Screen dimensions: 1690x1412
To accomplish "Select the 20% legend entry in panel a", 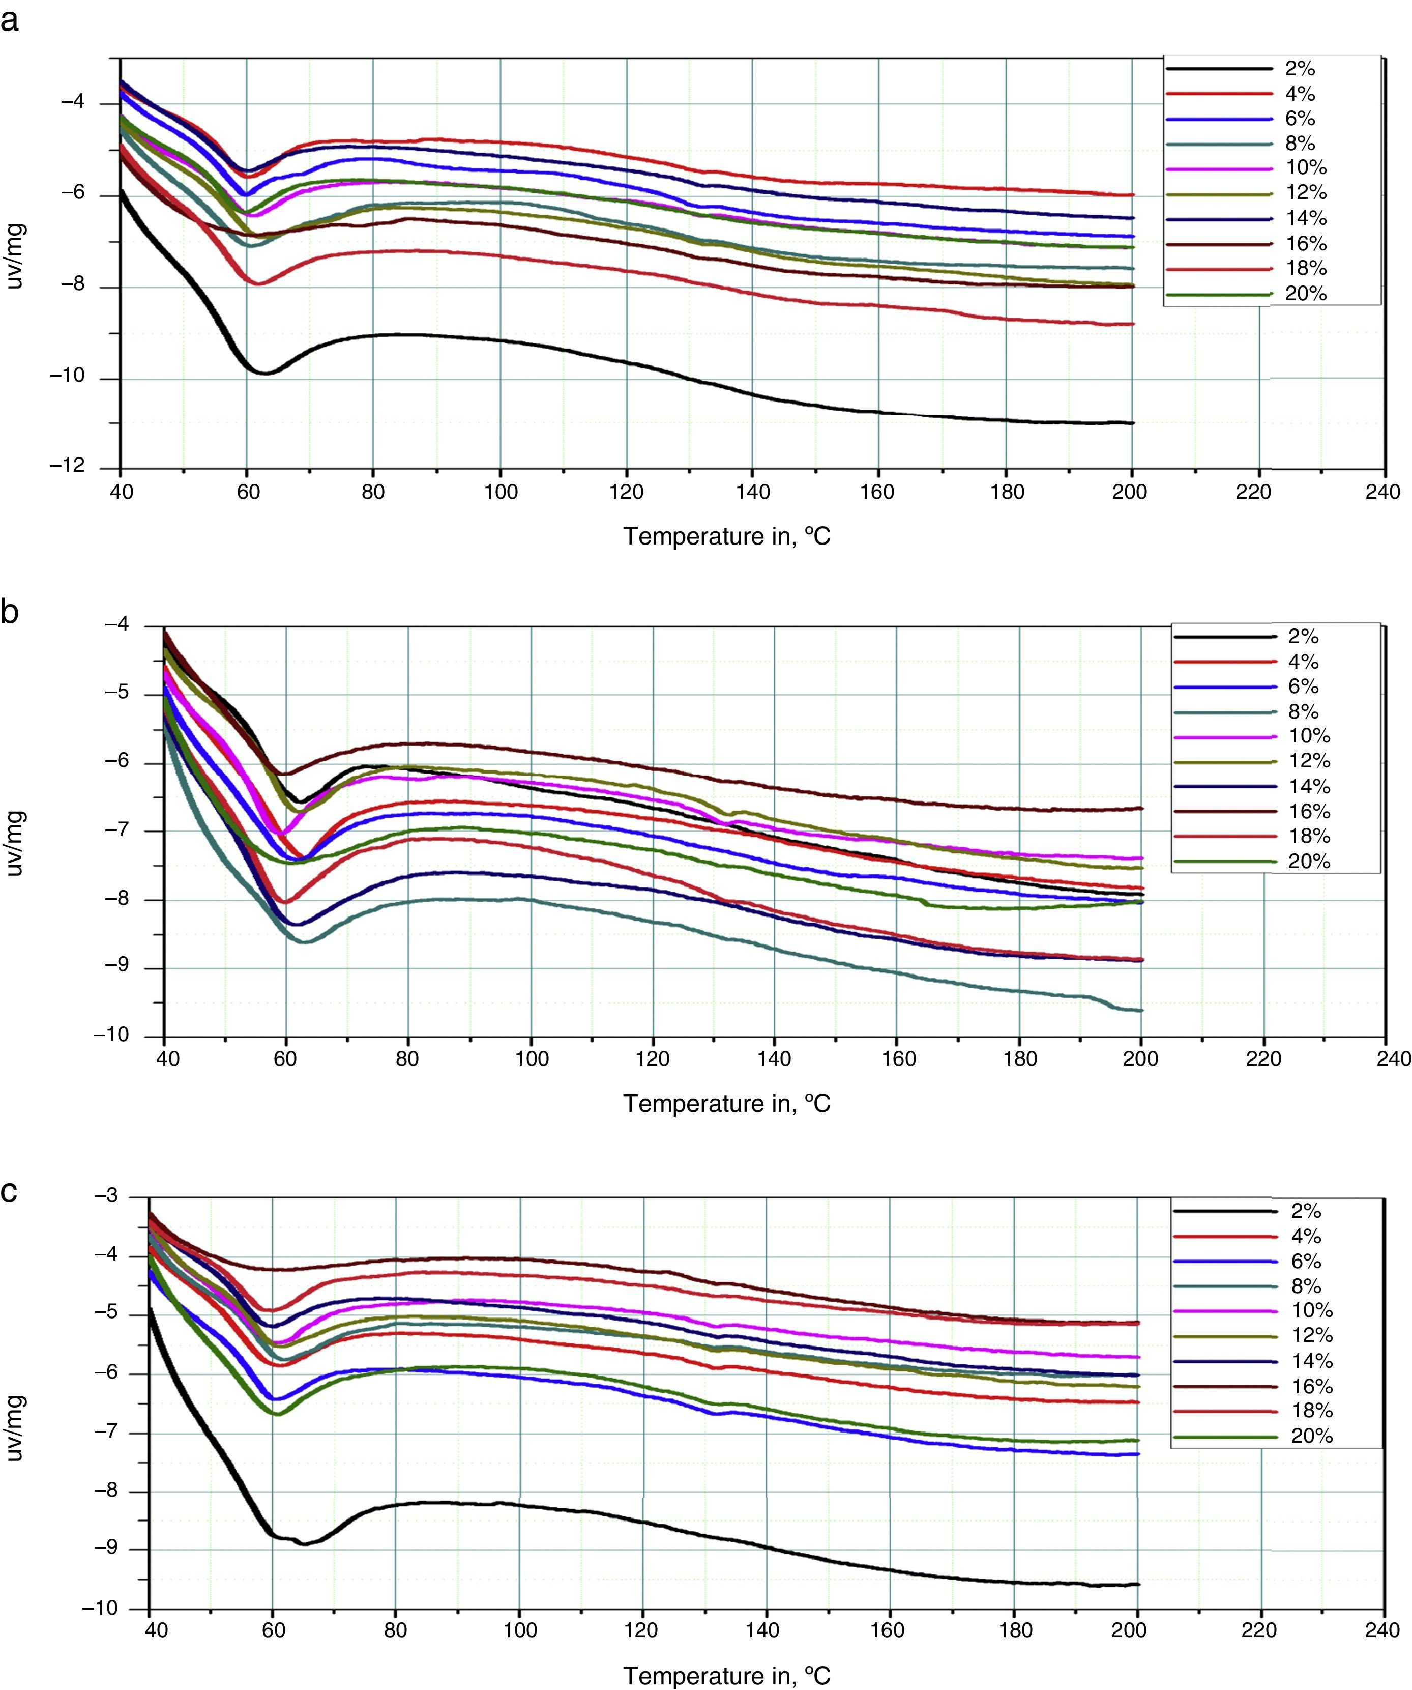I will pyautogui.click(x=1305, y=294).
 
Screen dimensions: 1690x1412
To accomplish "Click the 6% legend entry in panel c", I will pyautogui.click(x=1306, y=1261).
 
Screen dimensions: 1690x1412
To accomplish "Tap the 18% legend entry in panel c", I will pyautogui.click(x=1311, y=1411).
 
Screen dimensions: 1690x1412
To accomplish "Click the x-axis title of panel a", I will pyautogui.click(x=726, y=536).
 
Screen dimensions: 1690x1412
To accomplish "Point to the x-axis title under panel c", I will pyautogui.click(x=726, y=1676).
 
